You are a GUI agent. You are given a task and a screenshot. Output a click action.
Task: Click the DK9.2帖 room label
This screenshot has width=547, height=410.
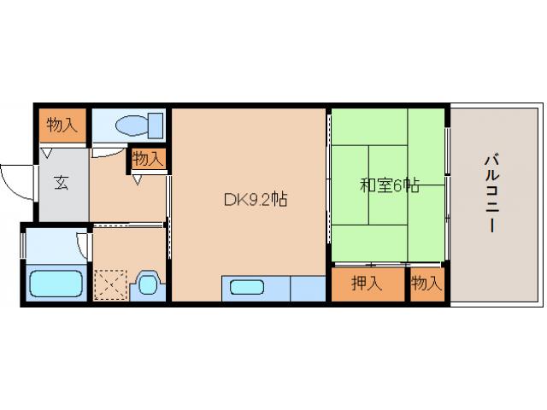256,199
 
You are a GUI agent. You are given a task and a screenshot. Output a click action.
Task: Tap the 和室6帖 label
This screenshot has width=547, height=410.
390,184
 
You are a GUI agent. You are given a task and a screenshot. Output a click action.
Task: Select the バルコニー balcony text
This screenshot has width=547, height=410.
492,194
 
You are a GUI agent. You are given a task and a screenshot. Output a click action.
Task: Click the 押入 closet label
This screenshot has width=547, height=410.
367,283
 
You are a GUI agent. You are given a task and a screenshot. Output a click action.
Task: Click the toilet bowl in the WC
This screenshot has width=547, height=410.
132,126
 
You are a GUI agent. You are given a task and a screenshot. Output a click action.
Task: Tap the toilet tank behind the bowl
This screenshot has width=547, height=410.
156,126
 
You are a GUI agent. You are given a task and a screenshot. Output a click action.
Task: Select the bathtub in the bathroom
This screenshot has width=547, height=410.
56,284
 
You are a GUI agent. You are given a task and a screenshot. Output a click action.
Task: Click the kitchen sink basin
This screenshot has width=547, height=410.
247,287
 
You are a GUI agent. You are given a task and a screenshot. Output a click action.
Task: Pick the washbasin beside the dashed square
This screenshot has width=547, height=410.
148,285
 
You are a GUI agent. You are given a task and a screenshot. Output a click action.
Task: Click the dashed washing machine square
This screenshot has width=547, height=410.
110,284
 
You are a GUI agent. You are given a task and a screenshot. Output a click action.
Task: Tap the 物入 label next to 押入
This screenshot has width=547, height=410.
426,283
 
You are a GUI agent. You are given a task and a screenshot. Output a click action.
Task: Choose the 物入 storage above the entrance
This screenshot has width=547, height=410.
62,125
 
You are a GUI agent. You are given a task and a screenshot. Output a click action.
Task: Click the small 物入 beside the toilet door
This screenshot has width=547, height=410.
148,159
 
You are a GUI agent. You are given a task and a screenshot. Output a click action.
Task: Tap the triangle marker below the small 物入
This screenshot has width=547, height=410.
138,179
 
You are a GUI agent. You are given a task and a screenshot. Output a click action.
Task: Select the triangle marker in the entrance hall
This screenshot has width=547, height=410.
47,153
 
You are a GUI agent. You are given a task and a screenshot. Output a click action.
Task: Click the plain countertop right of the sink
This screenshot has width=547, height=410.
308,289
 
